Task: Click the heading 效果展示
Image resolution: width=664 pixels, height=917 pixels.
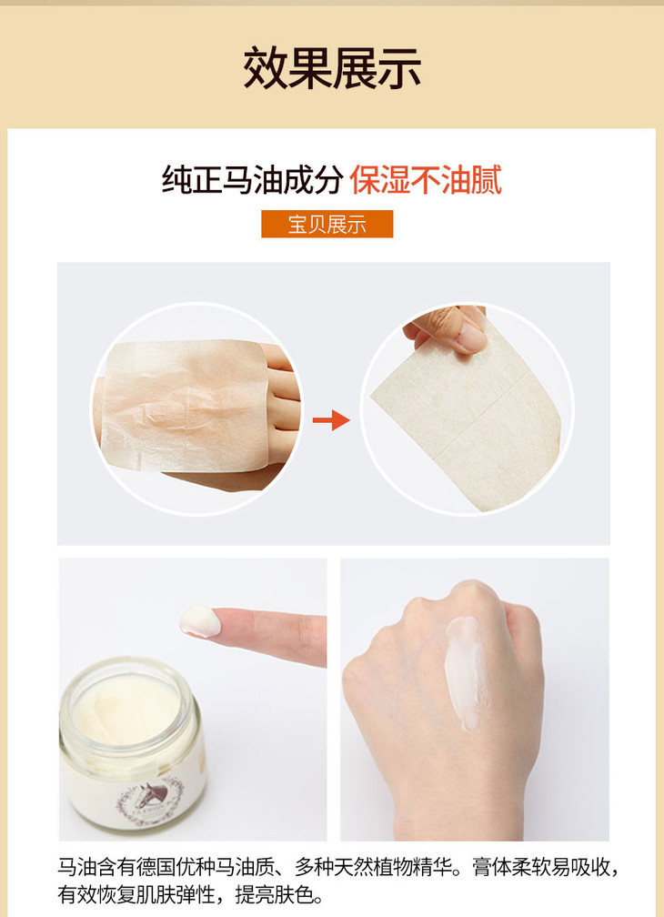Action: pos(332,68)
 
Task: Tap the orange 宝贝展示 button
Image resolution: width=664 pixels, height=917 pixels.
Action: pos(327,224)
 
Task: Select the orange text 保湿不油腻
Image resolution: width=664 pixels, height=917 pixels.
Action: pos(426,179)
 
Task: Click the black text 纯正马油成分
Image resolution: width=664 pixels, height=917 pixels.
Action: pos(253,179)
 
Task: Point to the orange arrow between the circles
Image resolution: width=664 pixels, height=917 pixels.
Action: pos(331,420)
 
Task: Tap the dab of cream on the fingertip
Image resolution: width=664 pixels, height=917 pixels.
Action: pos(200,621)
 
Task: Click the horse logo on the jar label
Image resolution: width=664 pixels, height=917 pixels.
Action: pos(152,794)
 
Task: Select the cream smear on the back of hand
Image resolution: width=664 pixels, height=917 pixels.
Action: pos(465,672)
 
